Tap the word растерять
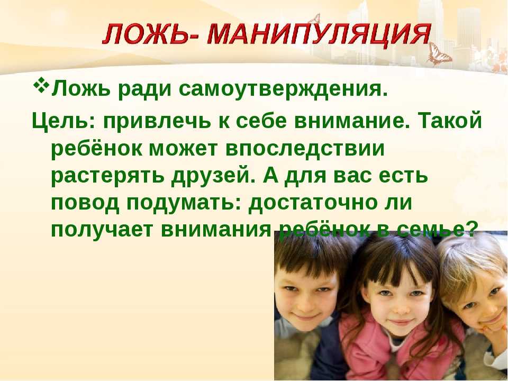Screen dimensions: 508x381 coord(107,177)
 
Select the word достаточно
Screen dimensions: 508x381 coord(313,203)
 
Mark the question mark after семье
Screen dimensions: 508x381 coord(473,229)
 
